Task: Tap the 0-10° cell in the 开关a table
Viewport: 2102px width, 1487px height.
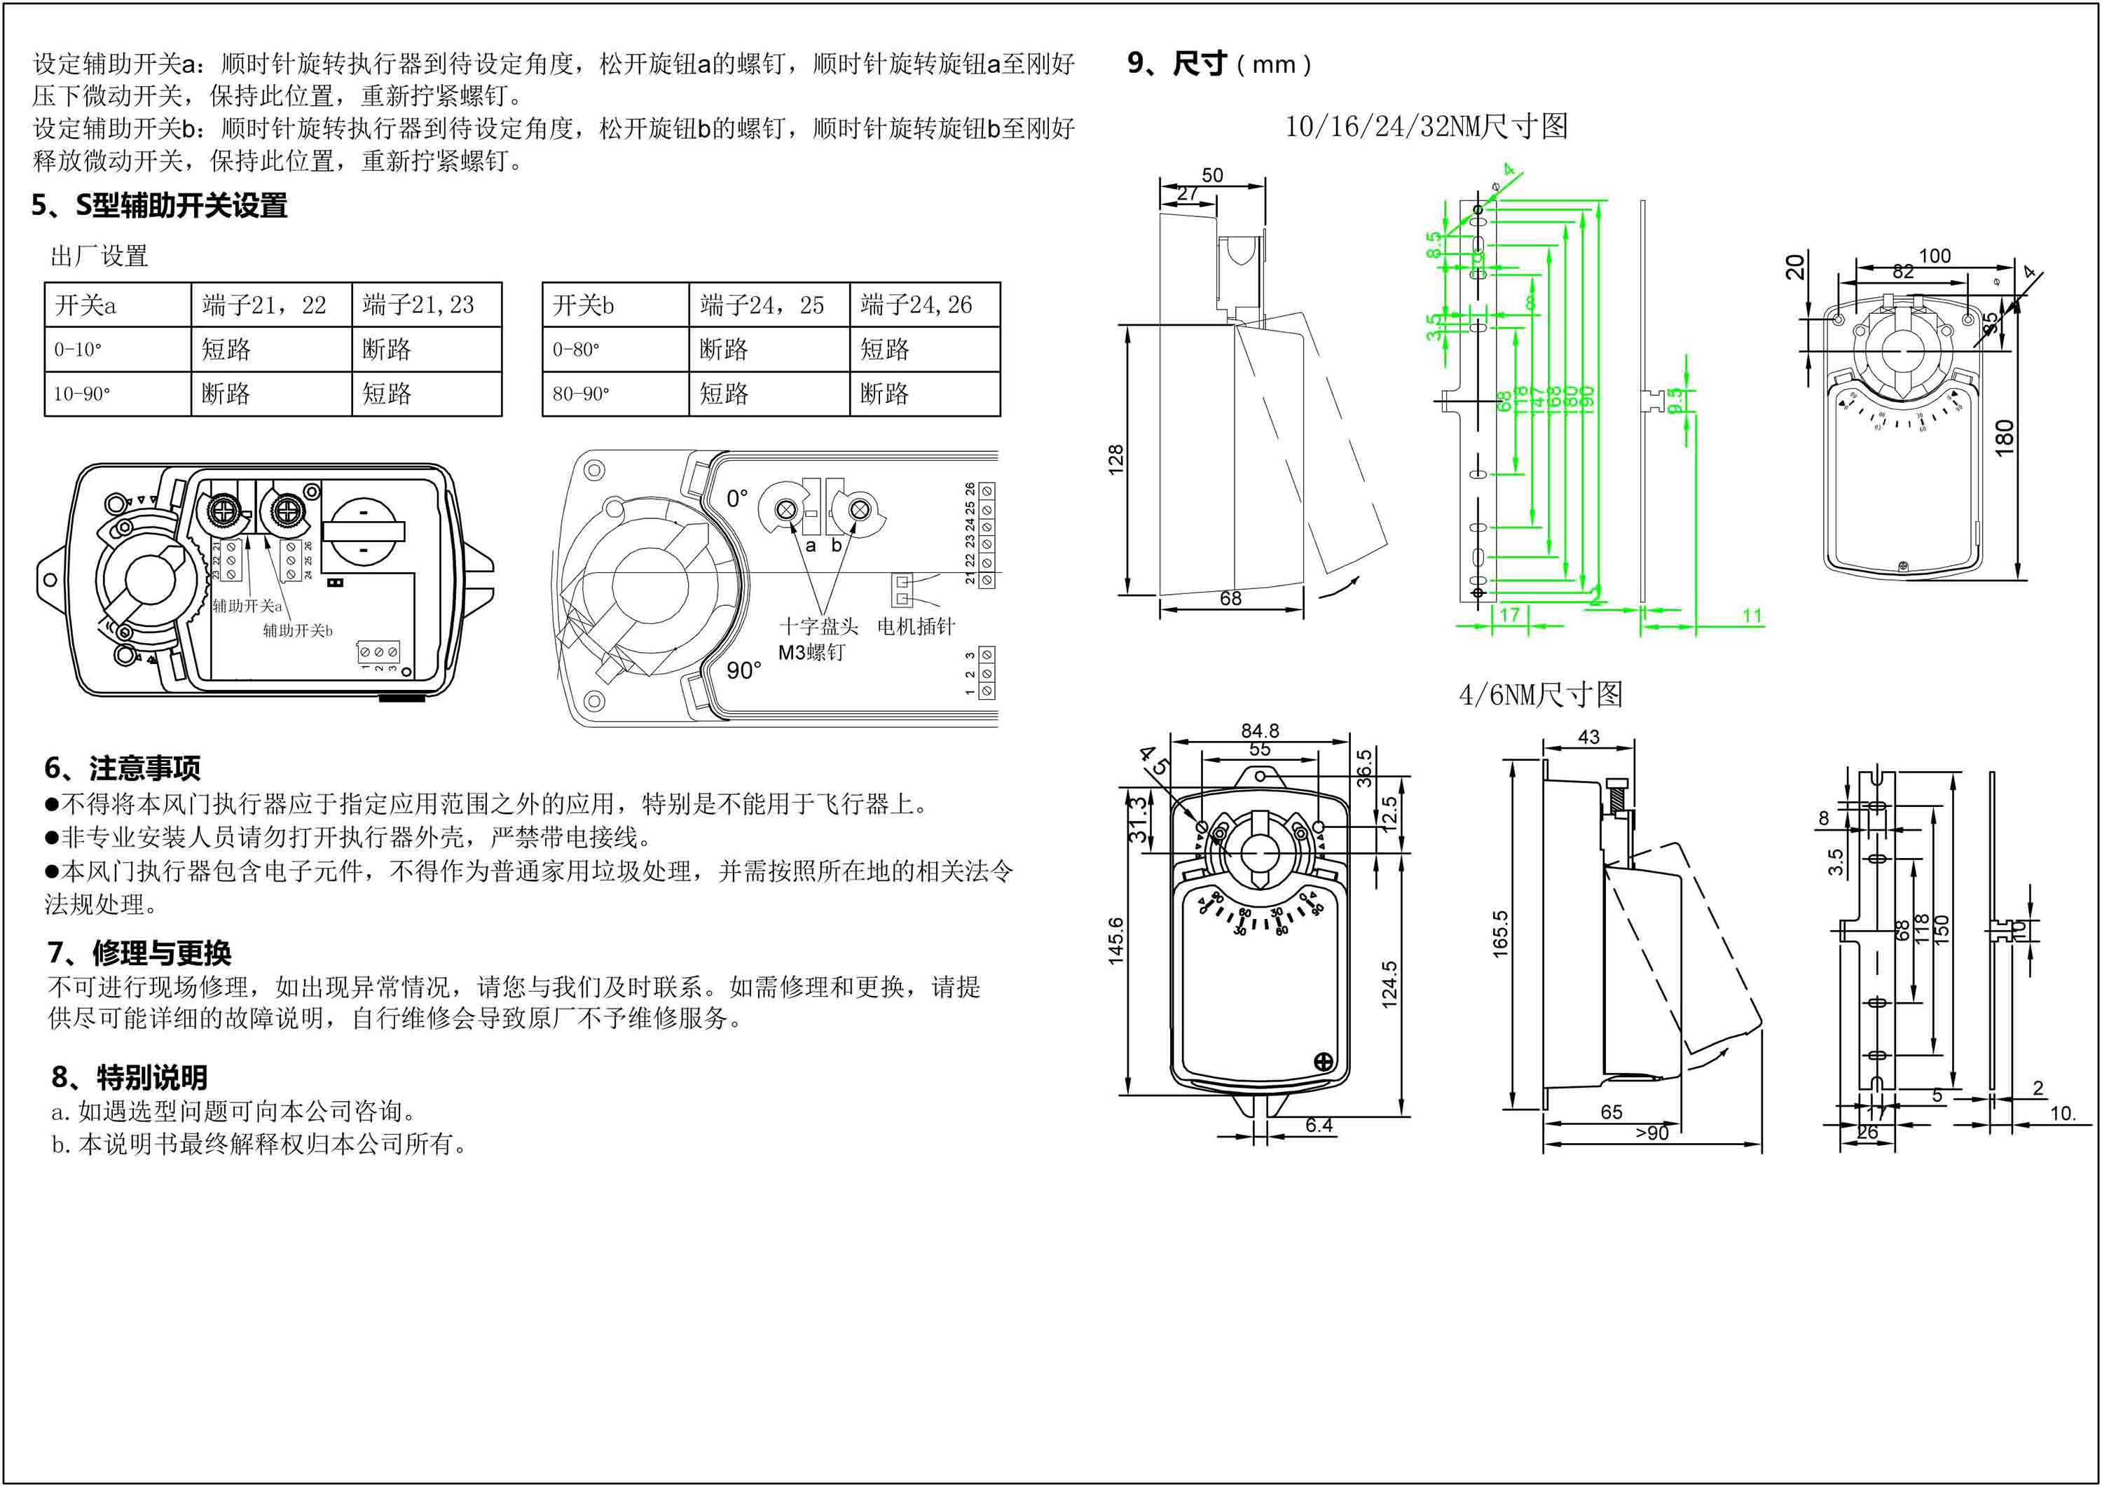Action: tap(78, 350)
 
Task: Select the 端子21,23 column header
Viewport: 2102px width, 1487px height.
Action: tap(418, 305)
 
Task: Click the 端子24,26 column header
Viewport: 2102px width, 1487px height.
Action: tap(916, 305)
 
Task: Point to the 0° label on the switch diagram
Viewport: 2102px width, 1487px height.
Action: tap(737, 499)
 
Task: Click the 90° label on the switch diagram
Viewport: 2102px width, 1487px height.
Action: tap(743, 671)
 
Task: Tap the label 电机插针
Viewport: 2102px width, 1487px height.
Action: tap(916, 627)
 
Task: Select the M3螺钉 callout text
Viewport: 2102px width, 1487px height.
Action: tap(811, 653)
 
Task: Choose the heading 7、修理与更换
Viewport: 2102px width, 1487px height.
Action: tap(139, 953)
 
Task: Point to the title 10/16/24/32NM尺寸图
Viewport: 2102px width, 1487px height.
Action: tap(1426, 126)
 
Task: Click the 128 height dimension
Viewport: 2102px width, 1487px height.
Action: tap(1115, 459)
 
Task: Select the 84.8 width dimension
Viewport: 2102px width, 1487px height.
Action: tap(1260, 731)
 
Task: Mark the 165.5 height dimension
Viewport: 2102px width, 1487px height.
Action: tap(1500, 934)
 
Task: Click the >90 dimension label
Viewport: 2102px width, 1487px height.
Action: tap(1652, 1133)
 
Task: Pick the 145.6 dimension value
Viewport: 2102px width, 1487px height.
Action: tap(1115, 941)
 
